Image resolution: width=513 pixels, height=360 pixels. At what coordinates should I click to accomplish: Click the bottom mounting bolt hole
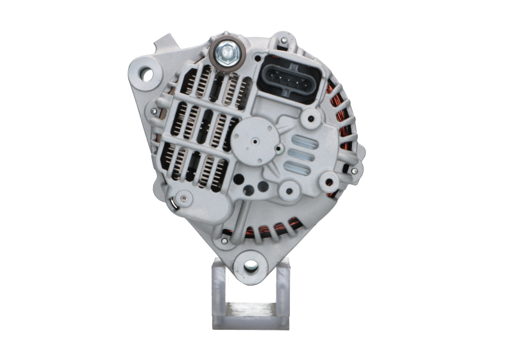(251, 265)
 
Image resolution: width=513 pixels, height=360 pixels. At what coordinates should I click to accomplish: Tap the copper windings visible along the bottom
(282, 227)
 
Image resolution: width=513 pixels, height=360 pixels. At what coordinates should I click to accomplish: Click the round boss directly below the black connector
(312, 118)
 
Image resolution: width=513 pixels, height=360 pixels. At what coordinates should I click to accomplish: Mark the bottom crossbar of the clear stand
(251, 315)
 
